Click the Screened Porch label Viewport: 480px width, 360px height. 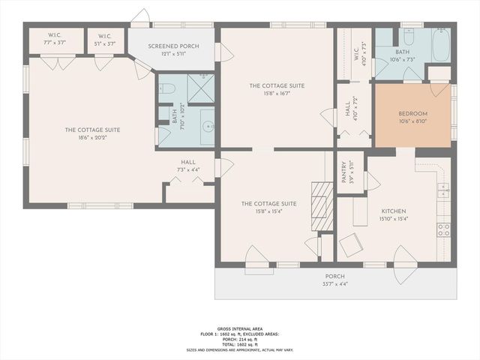[173, 46]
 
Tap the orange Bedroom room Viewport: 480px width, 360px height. [412, 115]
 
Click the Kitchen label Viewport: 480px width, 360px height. [393, 211]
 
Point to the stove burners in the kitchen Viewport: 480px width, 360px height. [443, 228]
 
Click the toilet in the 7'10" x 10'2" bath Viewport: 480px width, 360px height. [168, 89]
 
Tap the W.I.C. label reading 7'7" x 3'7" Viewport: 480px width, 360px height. [55, 39]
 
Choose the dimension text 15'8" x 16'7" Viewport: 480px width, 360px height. [277, 94]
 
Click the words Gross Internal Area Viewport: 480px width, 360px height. [239, 328]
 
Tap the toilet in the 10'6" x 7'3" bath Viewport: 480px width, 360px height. [409, 37]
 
